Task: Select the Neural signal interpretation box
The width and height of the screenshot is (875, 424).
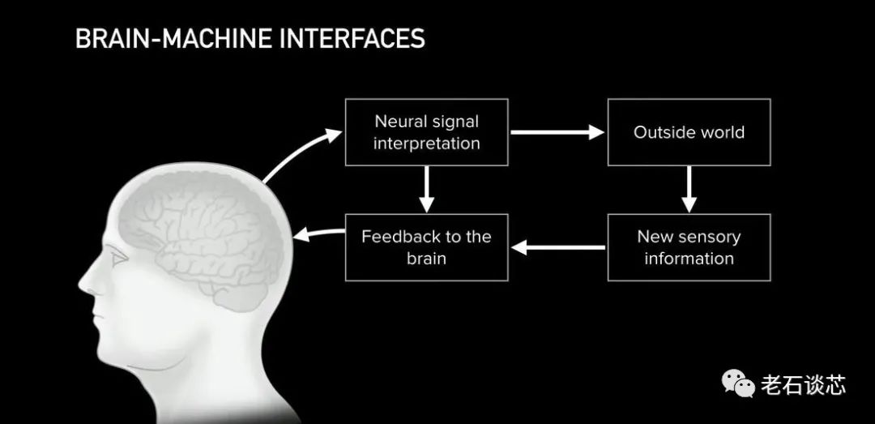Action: tap(426, 132)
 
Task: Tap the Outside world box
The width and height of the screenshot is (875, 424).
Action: tap(689, 132)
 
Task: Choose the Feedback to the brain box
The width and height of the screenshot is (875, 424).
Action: tap(426, 247)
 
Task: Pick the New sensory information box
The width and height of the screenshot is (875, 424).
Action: tap(689, 247)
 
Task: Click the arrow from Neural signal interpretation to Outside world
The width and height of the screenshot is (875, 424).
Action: tap(557, 132)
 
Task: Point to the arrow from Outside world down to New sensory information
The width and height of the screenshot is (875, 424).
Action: tap(689, 190)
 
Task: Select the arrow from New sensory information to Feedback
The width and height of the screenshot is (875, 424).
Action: tap(558, 247)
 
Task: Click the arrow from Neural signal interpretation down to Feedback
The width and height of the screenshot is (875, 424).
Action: tap(426, 190)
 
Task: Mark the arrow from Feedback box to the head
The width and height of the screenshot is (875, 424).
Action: tap(318, 233)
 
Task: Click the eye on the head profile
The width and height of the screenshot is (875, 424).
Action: tap(118, 256)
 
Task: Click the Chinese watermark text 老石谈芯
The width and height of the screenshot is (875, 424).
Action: tap(803, 385)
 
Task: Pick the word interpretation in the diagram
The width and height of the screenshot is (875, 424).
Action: tap(426, 143)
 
